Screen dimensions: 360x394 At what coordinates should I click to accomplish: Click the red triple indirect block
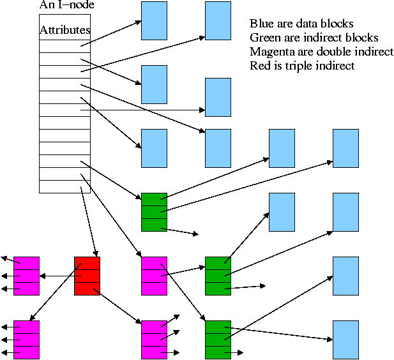[x=87, y=276]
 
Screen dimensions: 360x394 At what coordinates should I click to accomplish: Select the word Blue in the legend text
[x=262, y=24]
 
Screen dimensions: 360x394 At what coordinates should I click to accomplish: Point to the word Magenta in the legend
[x=271, y=52]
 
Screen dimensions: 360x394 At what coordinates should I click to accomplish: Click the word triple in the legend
[x=297, y=66]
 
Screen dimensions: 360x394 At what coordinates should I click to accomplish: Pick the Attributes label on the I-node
[x=64, y=30]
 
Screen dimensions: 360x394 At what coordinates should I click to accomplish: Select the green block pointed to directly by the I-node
[x=154, y=211]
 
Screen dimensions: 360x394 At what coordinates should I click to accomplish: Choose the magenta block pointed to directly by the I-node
[x=154, y=276]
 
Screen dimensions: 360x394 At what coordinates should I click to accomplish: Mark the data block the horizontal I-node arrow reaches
[x=218, y=97]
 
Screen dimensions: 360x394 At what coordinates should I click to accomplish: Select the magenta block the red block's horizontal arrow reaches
[x=26, y=276]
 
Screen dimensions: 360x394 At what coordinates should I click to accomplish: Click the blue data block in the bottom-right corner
[x=345, y=340]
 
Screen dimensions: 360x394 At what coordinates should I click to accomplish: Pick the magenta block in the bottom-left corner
[x=26, y=340]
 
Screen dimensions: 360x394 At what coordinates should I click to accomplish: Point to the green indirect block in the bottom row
[x=218, y=340]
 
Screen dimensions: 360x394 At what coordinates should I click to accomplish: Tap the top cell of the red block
[x=87, y=263]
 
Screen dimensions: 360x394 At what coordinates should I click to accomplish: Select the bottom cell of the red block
[x=87, y=289]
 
